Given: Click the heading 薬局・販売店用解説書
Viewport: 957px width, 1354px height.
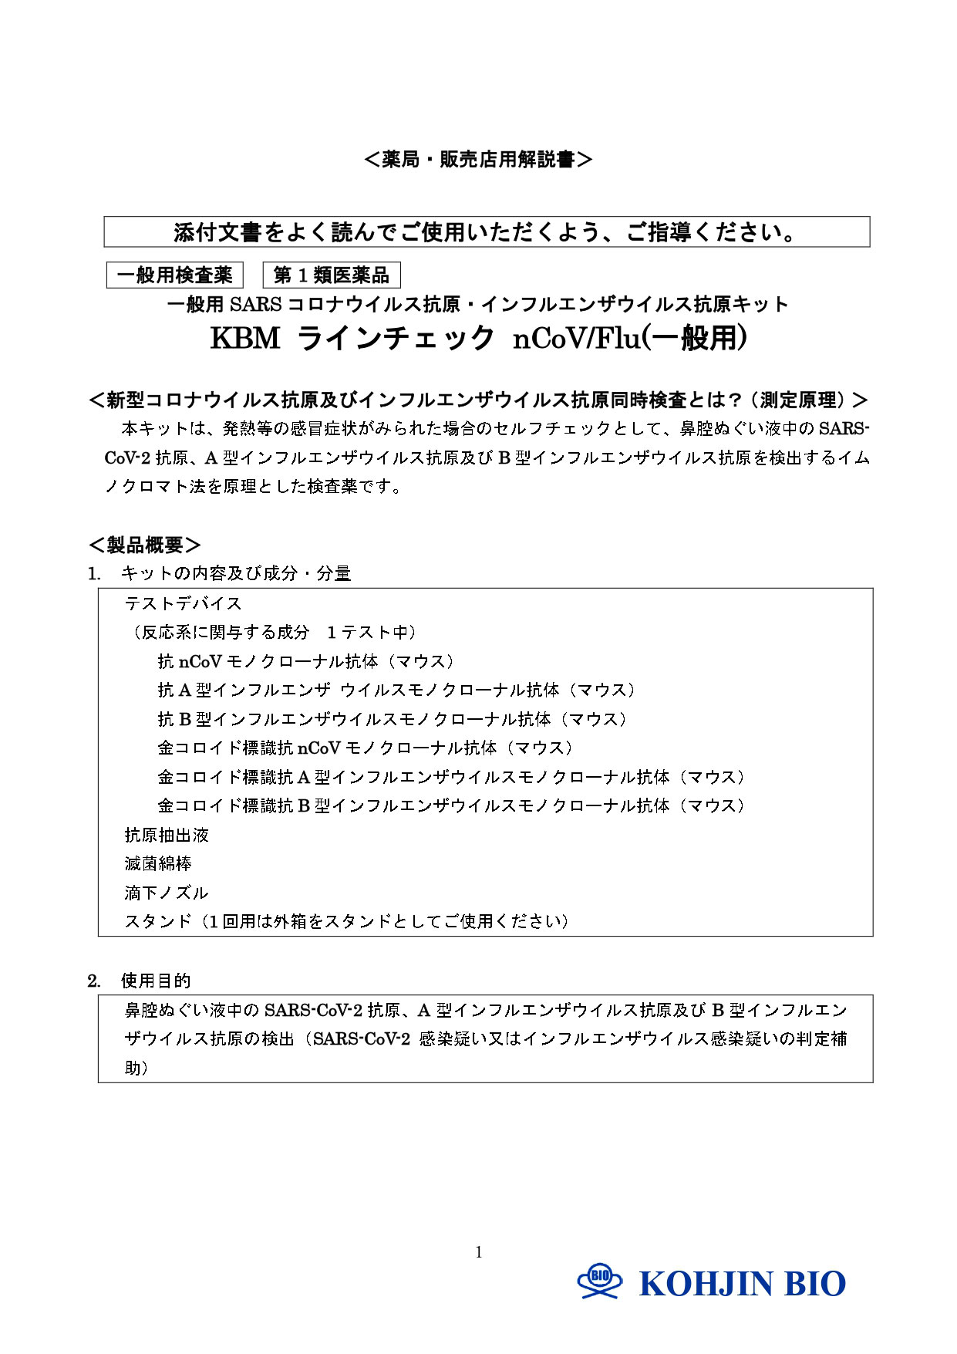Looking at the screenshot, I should point(478,160).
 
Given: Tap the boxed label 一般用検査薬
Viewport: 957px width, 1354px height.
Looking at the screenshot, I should point(175,275).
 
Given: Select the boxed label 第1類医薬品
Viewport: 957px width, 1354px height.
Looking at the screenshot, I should point(332,275).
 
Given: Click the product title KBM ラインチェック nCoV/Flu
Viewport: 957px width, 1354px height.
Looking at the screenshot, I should point(478,339).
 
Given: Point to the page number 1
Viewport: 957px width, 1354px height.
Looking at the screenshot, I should point(479,1251).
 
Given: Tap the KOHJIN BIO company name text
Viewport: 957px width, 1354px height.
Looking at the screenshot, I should point(742,1284).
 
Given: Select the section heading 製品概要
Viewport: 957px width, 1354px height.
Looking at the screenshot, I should point(145,545).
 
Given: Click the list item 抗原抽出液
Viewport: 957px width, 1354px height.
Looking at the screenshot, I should point(167,835).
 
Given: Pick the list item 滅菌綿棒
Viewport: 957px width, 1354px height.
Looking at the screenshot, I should point(158,864).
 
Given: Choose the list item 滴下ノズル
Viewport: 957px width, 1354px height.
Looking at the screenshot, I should point(167,893).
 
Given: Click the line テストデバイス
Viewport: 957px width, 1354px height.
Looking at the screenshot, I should point(184,603).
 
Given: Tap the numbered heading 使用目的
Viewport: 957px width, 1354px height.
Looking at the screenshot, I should point(155,981).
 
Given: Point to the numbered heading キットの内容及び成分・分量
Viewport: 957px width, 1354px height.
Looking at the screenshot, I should point(235,573).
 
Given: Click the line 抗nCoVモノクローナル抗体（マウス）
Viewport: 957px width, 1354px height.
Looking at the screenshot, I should point(306,661).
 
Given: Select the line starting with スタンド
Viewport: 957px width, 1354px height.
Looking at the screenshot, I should point(347,921).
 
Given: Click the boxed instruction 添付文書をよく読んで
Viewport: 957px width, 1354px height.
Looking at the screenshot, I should point(487,232).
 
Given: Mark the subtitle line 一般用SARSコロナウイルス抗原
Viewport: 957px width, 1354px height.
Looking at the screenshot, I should point(478,305).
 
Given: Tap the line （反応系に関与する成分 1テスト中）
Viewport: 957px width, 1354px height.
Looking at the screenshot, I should point(274,633).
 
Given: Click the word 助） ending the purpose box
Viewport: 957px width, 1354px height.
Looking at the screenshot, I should point(136,1068).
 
